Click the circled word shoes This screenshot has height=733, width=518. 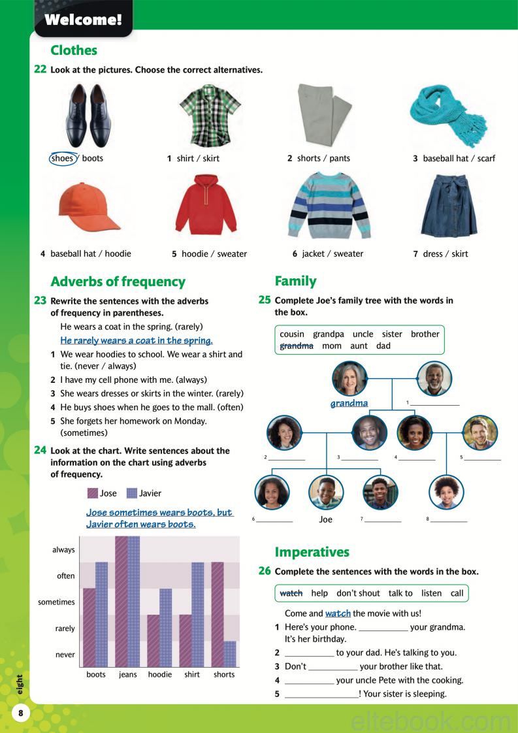click(x=63, y=158)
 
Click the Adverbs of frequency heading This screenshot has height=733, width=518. click(x=118, y=282)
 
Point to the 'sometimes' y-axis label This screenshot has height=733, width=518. click(x=57, y=602)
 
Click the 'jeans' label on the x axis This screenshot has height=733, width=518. click(x=128, y=674)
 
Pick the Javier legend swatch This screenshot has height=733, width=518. click(x=131, y=493)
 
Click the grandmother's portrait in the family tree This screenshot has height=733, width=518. click(x=349, y=378)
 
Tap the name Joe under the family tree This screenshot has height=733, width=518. click(x=325, y=519)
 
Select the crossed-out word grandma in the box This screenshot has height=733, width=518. click(x=296, y=346)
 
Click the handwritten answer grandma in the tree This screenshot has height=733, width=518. click(x=349, y=403)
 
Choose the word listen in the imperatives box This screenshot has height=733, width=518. click(x=431, y=593)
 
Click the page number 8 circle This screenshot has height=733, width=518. click(x=21, y=713)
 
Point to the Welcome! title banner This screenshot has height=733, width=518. click(x=83, y=19)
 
